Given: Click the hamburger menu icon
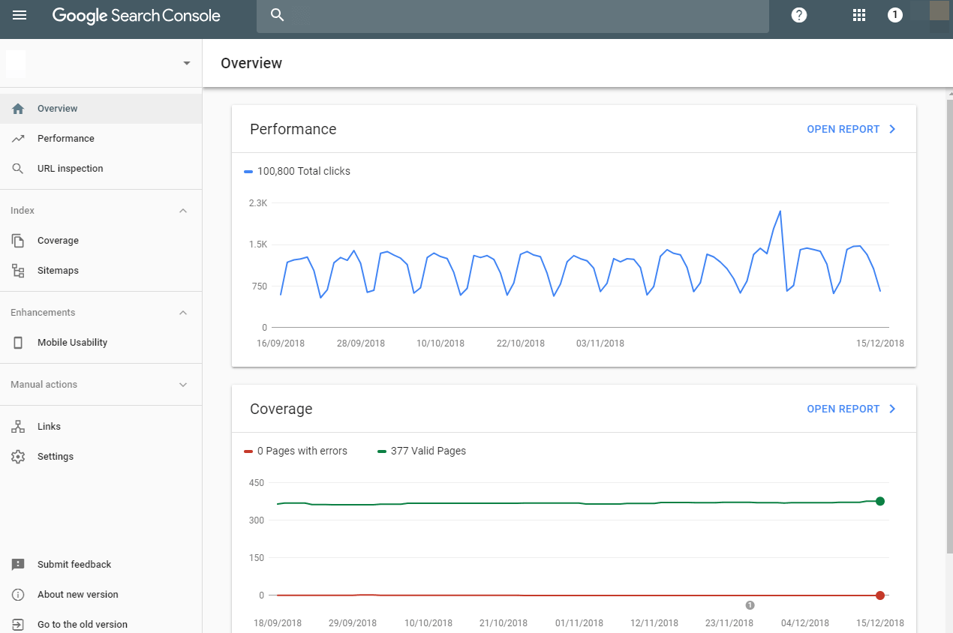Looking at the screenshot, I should click(x=20, y=15).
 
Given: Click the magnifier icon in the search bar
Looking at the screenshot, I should click(x=277, y=15).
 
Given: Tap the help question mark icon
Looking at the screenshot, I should click(x=799, y=15).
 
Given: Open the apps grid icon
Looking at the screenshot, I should click(x=859, y=15).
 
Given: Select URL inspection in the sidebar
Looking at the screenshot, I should click(x=70, y=169).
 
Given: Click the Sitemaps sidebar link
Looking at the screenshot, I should click(x=58, y=271).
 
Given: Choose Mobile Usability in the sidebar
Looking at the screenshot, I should click(x=72, y=343).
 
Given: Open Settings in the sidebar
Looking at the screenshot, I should click(x=56, y=457).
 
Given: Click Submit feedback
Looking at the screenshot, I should click(x=74, y=565).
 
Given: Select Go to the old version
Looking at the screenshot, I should click(x=82, y=625).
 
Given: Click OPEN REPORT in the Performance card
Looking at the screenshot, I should click(x=851, y=129).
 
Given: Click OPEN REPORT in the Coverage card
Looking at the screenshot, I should click(x=851, y=409).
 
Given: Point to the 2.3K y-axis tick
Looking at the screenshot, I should click(x=258, y=203).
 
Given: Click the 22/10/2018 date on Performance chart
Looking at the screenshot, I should click(x=521, y=343).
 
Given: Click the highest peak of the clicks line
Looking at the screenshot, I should click(x=780, y=211).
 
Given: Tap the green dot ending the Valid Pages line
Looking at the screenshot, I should click(x=880, y=501).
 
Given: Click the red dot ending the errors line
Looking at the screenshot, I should click(x=880, y=595).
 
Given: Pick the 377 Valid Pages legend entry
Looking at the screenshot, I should click(x=428, y=451).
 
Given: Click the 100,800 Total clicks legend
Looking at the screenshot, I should click(x=303, y=171).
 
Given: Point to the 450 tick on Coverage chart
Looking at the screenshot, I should click(x=257, y=483).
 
